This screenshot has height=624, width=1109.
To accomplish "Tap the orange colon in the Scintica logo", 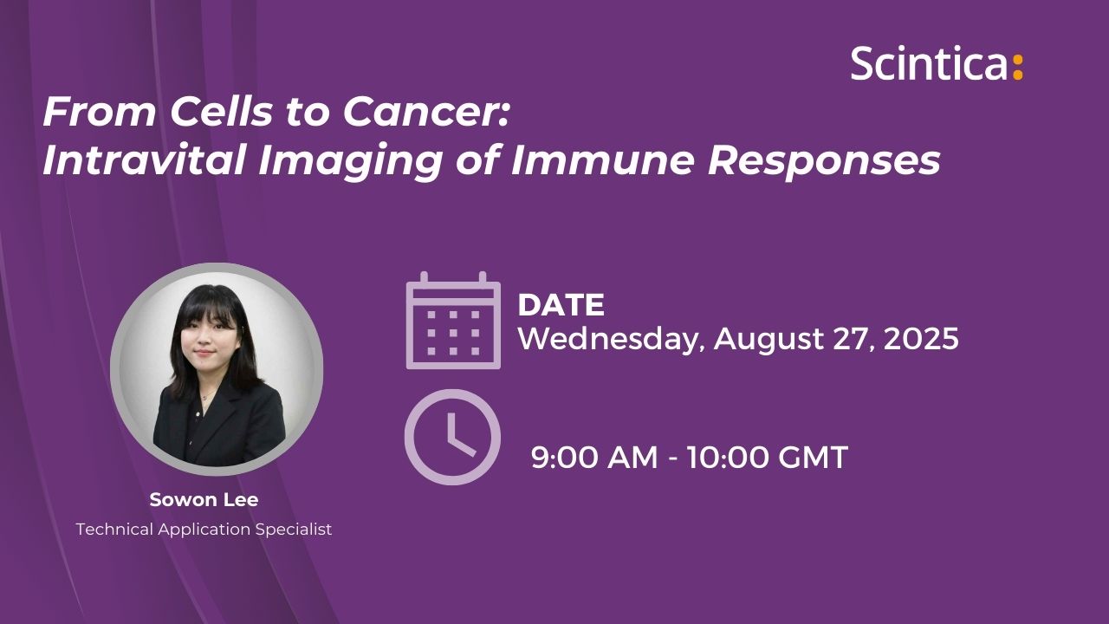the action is pyautogui.click(x=1017, y=68).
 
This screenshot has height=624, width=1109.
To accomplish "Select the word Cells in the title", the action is pyautogui.click(x=221, y=112).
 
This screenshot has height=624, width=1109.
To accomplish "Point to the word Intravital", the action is pyautogui.click(x=144, y=160).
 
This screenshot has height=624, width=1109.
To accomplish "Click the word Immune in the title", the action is pyautogui.click(x=602, y=160).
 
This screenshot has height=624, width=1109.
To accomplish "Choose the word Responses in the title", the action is pyautogui.click(x=824, y=162).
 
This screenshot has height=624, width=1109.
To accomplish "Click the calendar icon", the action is pyautogui.click(x=453, y=321).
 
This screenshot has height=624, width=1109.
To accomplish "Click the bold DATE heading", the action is pyautogui.click(x=561, y=304).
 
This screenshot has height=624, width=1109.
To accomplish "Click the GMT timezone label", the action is pyautogui.click(x=813, y=457).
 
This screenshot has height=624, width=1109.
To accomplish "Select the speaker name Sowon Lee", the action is pyautogui.click(x=204, y=500).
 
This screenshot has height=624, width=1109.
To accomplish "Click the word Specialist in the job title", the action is pyautogui.click(x=294, y=530).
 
